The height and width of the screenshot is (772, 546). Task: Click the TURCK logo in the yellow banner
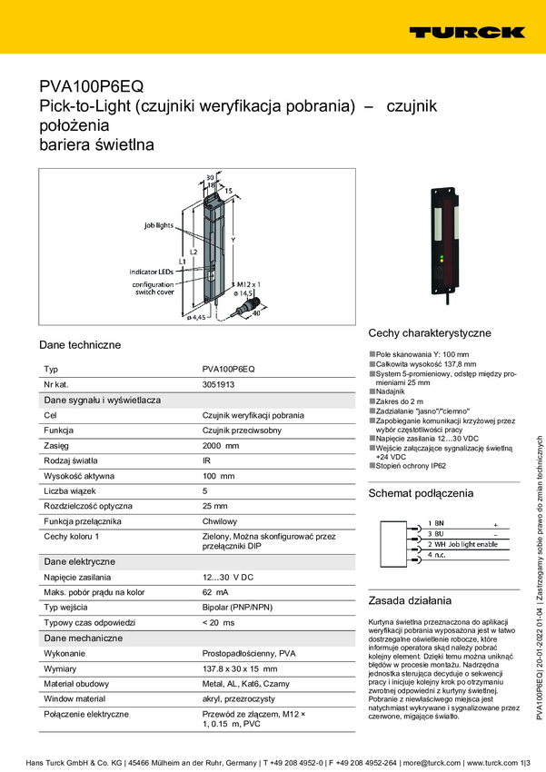[x=467, y=32]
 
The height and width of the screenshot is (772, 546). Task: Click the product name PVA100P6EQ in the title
[x=91, y=87]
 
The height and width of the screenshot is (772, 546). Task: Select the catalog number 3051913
[x=218, y=384]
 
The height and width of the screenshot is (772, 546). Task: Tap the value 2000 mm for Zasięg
[x=221, y=446]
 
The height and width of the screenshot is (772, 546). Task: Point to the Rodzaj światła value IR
[x=206, y=460]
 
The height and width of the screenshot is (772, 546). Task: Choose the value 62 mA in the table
[x=215, y=592]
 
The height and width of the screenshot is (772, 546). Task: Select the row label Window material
[x=79, y=699]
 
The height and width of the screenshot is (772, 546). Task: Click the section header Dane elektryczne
[x=79, y=561]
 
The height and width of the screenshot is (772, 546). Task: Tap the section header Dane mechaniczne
[x=83, y=638]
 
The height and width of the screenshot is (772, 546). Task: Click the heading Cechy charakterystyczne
[x=430, y=333]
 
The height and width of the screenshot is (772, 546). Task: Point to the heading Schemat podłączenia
[x=421, y=493]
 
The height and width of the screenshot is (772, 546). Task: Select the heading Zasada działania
[x=409, y=574]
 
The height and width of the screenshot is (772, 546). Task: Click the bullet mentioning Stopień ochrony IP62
[x=411, y=465]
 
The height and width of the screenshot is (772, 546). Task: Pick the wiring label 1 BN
[x=435, y=524]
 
